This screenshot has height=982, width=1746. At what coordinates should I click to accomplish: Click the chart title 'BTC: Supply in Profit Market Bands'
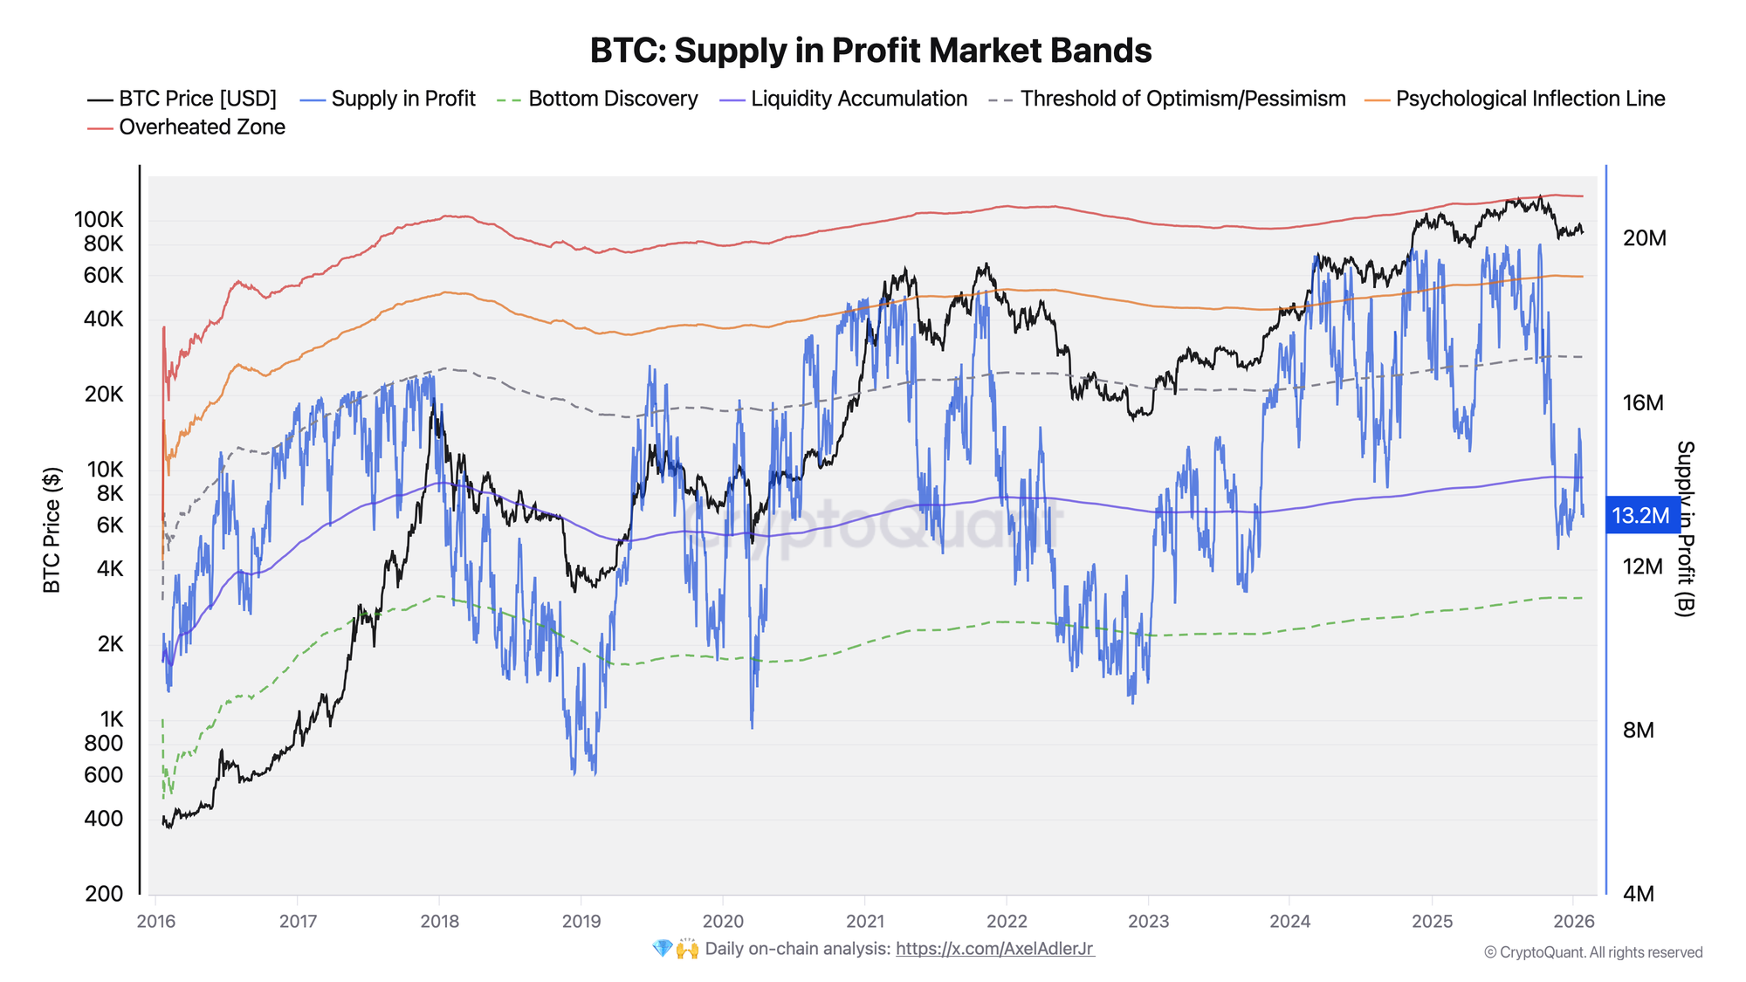click(870, 51)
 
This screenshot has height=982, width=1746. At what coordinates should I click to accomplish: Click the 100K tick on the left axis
click(99, 219)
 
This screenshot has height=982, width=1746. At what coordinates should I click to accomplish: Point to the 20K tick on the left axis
click(104, 395)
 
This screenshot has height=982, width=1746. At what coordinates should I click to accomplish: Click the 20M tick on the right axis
click(1644, 238)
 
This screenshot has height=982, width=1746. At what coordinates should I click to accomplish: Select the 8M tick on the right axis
click(1639, 731)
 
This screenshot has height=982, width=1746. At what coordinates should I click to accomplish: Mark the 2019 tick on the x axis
click(581, 921)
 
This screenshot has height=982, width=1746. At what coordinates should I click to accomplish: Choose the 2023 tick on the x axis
click(1148, 921)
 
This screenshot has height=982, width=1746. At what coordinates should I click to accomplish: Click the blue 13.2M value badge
click(1641, 516)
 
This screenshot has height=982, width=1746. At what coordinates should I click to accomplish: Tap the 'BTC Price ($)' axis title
click(52, 530)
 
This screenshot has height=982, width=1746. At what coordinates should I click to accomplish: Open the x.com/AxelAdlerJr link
click(994, 949)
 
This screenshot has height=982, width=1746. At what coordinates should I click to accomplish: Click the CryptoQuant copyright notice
click(1593, 952)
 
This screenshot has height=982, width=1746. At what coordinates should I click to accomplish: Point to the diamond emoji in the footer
click(662, 949)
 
